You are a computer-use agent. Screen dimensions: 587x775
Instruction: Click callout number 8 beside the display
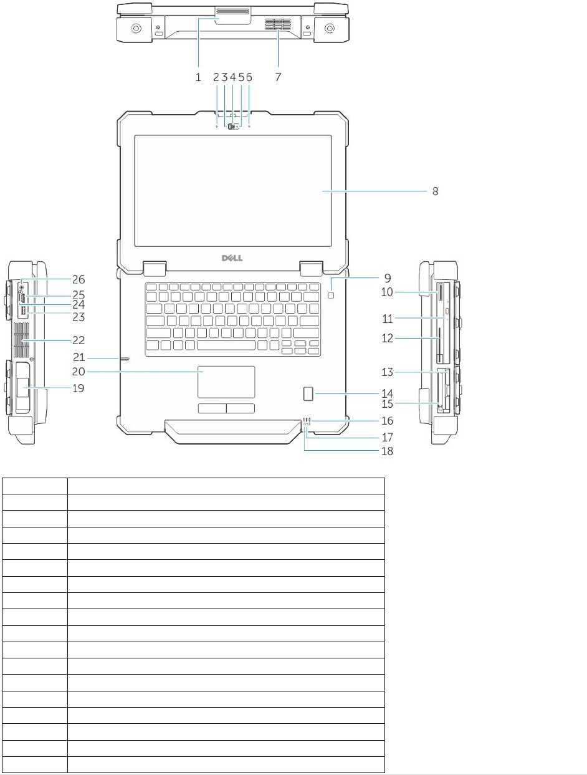(436, 191)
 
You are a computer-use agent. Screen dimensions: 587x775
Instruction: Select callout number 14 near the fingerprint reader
(387, 393)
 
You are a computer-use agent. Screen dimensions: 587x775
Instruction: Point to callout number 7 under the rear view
(278, 77)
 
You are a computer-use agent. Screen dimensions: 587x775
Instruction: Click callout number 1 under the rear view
(198, 77)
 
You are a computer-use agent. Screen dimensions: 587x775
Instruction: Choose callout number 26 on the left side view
(79, 279)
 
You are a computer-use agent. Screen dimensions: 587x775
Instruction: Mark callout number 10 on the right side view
(387, 292)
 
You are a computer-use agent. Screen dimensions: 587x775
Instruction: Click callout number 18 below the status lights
(387, 451)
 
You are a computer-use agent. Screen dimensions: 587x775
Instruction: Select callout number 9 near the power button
(387, 277)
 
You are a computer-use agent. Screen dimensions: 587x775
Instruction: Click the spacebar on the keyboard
(226, 345)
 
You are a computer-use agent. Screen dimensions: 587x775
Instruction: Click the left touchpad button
(212, 408)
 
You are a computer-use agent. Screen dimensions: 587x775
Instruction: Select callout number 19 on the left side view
(79, 388)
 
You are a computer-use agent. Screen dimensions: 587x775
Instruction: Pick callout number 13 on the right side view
(387, 372)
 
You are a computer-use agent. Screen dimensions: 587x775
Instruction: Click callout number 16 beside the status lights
(387, 421)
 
